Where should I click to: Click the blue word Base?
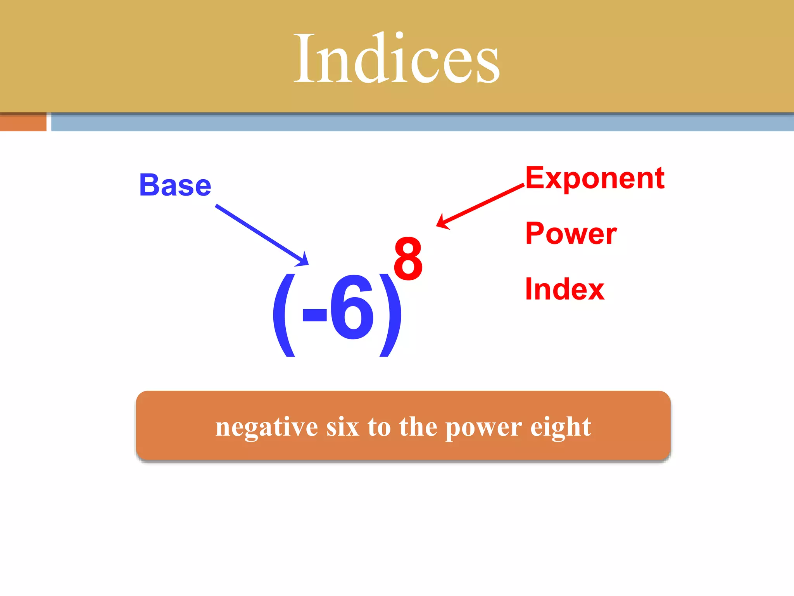[175, 185]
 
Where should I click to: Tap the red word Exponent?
[595, 178]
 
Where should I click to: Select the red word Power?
[571, 234]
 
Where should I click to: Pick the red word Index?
[564, 289]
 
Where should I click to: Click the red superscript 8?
[408, 259]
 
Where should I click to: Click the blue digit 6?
[352, 307]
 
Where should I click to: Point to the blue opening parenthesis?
[283, 314]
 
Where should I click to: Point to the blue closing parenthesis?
[391, 314]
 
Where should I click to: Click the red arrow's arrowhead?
[442, 222]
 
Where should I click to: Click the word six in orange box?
[343, 427]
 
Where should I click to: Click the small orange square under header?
[23, 122]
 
